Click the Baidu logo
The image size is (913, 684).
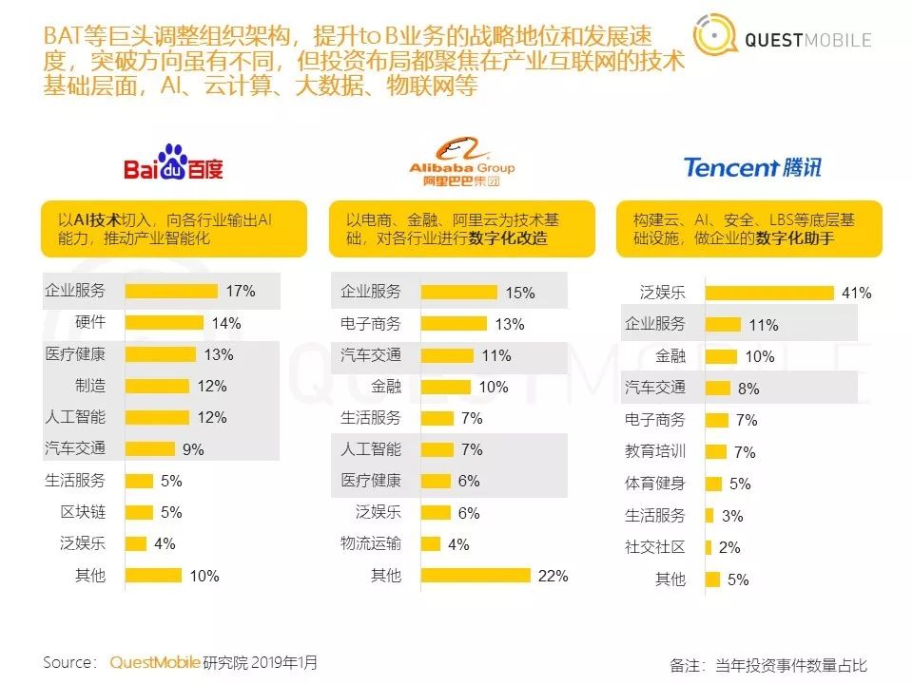(173, 163)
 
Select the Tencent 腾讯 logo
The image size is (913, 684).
(751, 167)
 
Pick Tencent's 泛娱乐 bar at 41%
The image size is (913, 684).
(770, 293)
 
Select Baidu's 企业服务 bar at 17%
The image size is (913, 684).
(172, 292)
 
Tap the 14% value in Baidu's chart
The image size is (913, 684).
(226, 324)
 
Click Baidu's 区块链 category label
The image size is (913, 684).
(83, 512)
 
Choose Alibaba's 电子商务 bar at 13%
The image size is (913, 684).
(454, 324)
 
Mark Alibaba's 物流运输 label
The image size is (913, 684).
(371, 543)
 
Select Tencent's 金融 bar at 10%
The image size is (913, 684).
(721, 356)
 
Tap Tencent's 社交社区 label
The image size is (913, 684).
(655, 547)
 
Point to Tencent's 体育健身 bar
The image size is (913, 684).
(713, 484)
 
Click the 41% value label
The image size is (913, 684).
(856, 294)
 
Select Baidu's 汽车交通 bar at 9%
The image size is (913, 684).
(150, 449)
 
